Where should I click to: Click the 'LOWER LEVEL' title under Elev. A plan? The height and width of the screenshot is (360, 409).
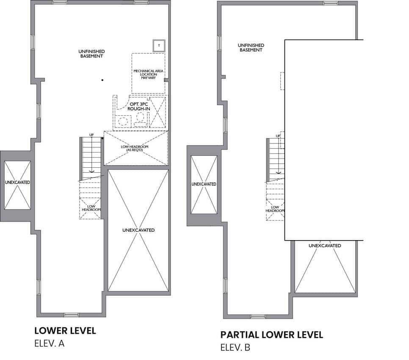coord(65,330)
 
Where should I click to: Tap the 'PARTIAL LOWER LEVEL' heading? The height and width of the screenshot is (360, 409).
coord(271,335)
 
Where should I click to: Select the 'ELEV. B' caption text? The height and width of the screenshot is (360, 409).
coord(235,347)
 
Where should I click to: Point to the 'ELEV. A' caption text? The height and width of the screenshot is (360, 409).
coord(49,343)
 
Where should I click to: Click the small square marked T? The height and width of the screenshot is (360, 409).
coord(159,46)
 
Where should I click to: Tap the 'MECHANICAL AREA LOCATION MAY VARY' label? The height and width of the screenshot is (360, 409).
coord(149,75)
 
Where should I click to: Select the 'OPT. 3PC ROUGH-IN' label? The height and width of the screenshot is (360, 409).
coord(139,106)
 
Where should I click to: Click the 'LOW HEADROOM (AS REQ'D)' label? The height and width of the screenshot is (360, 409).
coord(134,148)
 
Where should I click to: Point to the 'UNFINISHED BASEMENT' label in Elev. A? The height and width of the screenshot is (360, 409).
coord(91,54)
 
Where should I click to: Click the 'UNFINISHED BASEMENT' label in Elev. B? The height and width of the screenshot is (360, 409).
coord(251,47)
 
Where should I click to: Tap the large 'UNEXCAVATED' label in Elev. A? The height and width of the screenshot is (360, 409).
coord(138,230)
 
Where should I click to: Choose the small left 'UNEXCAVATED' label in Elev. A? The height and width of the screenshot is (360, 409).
coord(17,183)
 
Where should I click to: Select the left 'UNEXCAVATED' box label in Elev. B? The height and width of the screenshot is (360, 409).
coord(204,184)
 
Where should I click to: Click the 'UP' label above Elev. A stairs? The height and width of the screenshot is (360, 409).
coord(91,135)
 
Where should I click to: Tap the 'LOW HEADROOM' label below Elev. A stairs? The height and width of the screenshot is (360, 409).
coord(91,208)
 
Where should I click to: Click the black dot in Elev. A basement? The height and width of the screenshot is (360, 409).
coord(102,80)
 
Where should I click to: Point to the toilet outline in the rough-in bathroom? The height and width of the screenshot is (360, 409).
coord(140,119)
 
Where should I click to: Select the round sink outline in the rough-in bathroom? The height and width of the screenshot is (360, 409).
coord(123,121)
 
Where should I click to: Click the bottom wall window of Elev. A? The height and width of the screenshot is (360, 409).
coord(71,315)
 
